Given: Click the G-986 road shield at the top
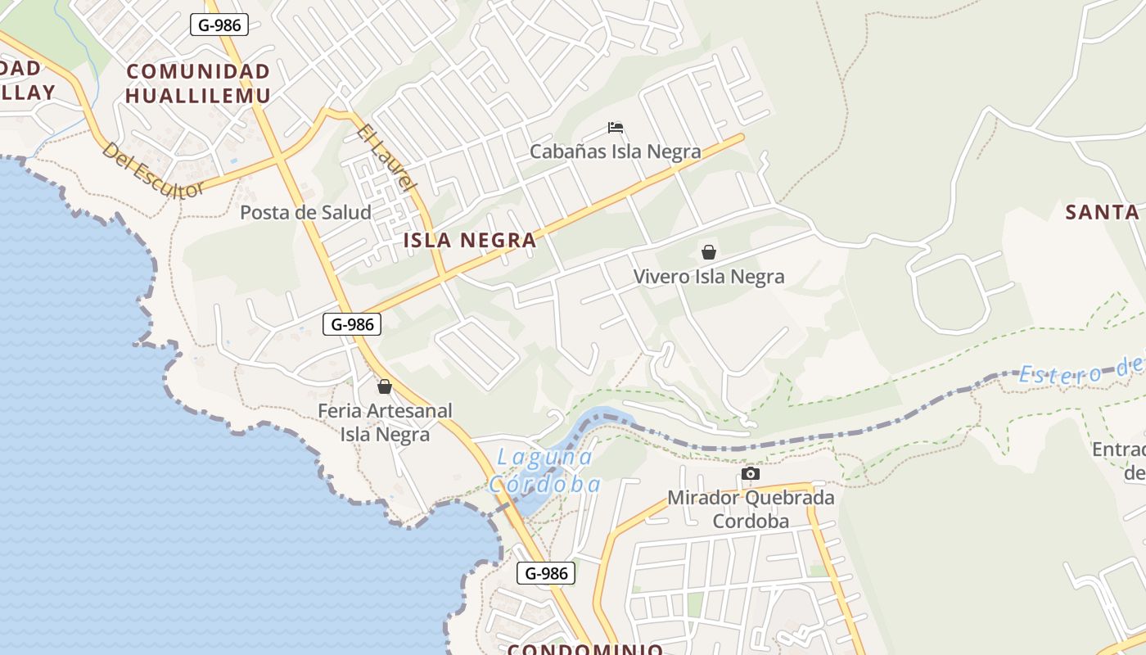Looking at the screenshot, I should (219, 25).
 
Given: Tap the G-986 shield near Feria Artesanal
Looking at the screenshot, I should (352, 324).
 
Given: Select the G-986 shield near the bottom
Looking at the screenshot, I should (546, 573).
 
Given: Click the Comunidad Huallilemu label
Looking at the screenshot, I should (197, 83).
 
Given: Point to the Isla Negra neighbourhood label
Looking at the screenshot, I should (470, 240).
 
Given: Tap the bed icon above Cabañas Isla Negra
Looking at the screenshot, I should (616, 127).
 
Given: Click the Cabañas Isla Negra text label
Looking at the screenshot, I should (615, 151).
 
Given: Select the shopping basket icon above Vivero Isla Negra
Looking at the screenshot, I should (709, 252).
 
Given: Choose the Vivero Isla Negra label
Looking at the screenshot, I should (709, 277).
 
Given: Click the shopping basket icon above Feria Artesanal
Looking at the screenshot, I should (385, 386).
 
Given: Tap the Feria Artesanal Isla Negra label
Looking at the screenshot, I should (385, 422).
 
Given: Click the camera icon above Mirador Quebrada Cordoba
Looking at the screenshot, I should (751, 473).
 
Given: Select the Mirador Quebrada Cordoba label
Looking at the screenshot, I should (751, 508).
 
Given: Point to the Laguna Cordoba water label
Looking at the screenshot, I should (545, 470).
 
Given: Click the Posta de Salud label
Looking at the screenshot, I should (305, 213).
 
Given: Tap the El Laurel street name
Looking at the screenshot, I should (381, 158).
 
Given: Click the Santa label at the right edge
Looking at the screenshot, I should (1102, 213).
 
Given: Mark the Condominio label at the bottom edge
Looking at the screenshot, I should (584, 649).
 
